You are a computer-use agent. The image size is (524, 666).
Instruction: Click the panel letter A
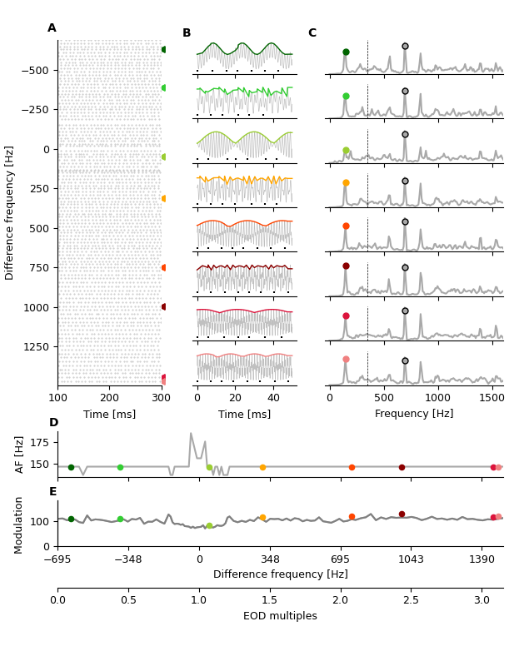pyautogui.click(x=52, y=28)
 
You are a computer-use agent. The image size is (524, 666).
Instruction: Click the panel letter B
pyautogui.click(x=187, y=33)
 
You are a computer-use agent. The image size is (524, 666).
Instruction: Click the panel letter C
pyautogui.click(x=312, y=33)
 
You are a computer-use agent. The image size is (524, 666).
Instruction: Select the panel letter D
pyautogui.click(x=53, y=423)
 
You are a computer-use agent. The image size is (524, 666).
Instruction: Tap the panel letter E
pyautogui.click(x=52, y=492)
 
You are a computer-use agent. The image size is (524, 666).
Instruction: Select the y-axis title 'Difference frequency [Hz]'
pyautogui.click(x=10, y=212)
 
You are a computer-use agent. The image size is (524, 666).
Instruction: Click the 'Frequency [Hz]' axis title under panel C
pyautogui.click(x=414, y=414)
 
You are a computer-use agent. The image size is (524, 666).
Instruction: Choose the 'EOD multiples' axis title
pyautogui.click(x=280, y=616)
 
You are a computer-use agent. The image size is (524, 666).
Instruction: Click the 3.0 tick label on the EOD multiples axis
pyautogui.click(x=482, y=600)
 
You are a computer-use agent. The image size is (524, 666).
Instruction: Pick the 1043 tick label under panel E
pyautogui.click(x=411, y=559)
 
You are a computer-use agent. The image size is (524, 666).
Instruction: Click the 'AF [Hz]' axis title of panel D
pyautogui.click(x=21, y=455)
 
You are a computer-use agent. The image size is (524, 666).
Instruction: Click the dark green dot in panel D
pyautogui.click(x=71, y=467)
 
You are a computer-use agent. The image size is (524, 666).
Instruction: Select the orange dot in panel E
pyautogui.click(x=262, y=518)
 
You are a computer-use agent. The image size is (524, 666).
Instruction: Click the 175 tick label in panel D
pyautogui.click(x=38, y=441)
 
